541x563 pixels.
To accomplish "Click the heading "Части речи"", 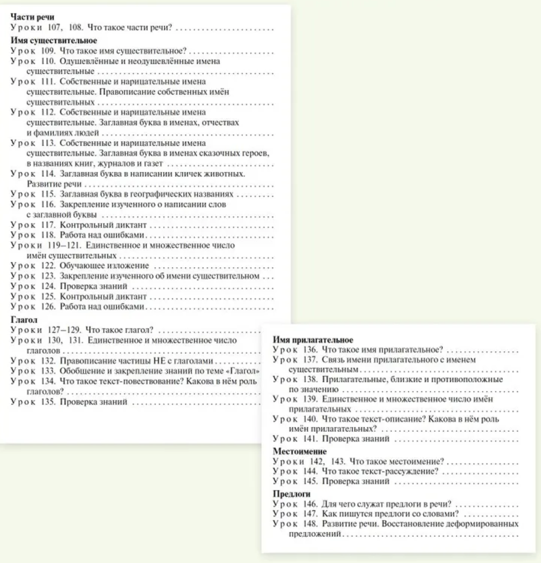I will [x=32, y=17].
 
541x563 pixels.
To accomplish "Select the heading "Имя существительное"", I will [x=54, y=40].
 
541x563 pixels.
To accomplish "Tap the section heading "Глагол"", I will [x=24, y=320].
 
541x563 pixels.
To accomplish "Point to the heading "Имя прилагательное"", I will [x=313, y=340].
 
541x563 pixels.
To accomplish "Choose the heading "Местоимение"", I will [x=300, y=451].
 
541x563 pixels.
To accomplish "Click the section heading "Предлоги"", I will [x=292, y=494].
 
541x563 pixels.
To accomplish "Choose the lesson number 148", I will [x=310, y=524].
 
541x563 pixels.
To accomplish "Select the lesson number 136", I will [x=310, y=350].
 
